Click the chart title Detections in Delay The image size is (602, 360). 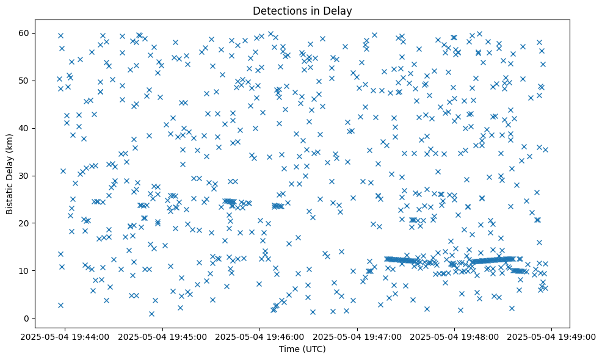(303, 10)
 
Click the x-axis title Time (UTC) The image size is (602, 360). (303, 349)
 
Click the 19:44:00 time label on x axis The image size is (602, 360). (66, 336)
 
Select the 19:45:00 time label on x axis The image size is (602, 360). (163, 336)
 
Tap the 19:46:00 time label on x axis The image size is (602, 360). (260, 336)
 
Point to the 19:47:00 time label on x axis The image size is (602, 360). (358, 336)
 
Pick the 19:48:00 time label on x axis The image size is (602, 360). (455, 336)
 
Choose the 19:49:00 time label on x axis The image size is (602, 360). (552, 336)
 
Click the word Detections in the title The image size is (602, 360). (278, 10)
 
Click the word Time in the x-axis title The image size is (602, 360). (291, 349)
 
